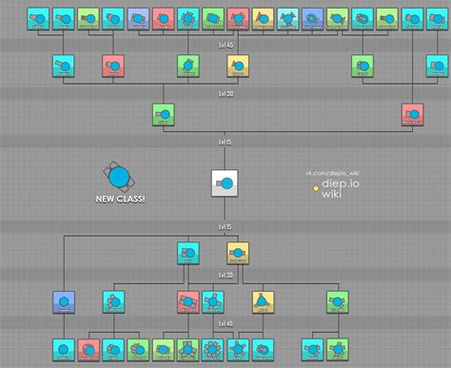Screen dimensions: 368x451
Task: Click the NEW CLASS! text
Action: click(x=121, y=200)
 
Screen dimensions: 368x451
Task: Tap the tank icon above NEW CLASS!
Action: click(x=119, y=176)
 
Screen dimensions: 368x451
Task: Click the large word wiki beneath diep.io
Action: click(x=331, y=195)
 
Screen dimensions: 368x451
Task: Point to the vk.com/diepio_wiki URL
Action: click(x=332, y=173)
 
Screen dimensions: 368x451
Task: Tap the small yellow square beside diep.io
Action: click(x=315, y=186)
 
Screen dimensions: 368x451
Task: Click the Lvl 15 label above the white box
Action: click(x=225, y=142)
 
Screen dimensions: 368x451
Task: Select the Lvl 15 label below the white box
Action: click(x=225, y=229)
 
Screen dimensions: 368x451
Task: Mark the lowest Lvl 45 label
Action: click(x=225, y=324)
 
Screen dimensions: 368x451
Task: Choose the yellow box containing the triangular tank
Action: click(x=261, y=301)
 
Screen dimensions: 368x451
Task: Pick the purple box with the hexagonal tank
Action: click(x=65, y=301)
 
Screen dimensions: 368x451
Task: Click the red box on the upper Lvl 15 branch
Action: click(x=413, y=115)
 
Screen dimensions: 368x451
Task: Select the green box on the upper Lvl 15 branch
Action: click(x=164, y=115)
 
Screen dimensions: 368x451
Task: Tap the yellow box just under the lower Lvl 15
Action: click(x=238, y=253)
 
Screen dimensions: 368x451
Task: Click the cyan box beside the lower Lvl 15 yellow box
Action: click(x=188, y=253)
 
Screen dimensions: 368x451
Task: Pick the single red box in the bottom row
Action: click(x=89, y=348)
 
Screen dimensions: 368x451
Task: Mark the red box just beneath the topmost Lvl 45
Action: click(x=114, y=65)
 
